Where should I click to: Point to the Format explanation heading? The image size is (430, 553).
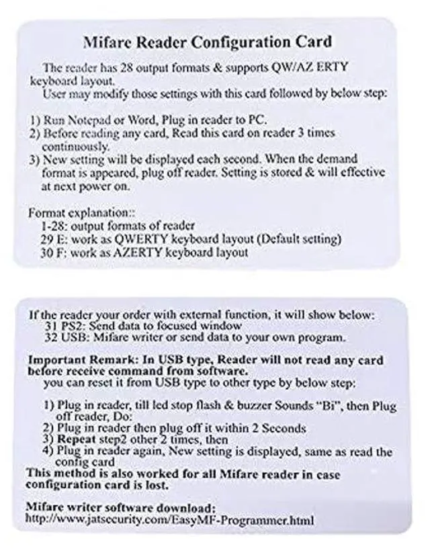pos(75,212)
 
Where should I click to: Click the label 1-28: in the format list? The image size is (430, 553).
pos(54,226)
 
